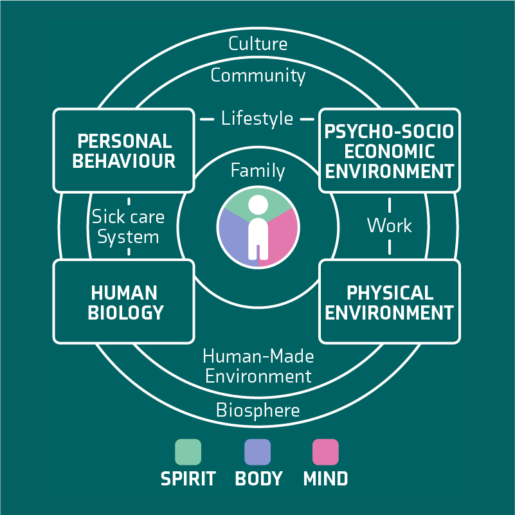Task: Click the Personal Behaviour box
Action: point(123,150)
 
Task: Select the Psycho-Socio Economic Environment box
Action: point(389,151)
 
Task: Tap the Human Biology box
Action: point(123,302)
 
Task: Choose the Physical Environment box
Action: point(389,302)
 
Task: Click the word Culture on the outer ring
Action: point(258,44)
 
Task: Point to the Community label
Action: point(258,75)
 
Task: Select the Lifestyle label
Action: point(257,118)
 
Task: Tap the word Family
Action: point(258,170)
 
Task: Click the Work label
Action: point(389,226)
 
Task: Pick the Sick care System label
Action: point(128,226)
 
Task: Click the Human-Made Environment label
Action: point(258,365)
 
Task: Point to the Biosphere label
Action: point(258,410)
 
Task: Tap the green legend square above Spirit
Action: point(188,452)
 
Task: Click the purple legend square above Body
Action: point(257,452)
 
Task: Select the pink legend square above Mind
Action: point(325,452)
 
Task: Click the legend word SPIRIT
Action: point(188,479)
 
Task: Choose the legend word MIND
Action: point(325,479)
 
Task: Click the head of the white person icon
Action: point(258,204)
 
